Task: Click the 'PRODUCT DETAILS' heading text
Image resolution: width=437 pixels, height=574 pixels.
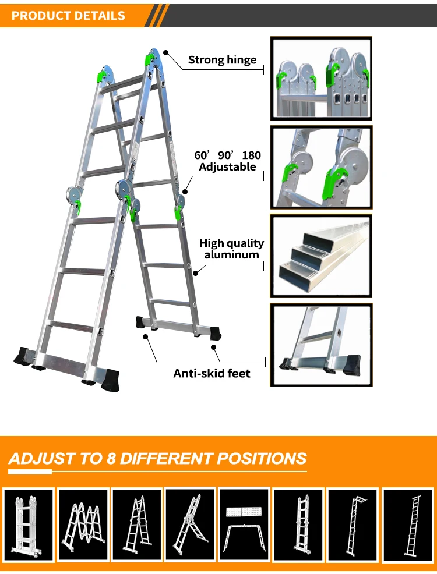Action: [x=68, y=16]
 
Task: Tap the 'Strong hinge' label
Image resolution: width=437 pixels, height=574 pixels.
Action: [x=222, y=59]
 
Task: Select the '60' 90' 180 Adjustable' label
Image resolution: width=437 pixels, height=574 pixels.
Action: [x=227, y=161]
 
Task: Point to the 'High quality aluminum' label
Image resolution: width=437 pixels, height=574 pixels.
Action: [x=231, y=249]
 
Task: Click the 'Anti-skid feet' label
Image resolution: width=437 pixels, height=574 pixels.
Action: [x=212, y=373]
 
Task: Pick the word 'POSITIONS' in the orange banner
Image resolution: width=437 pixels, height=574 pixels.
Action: [x=262, y=458]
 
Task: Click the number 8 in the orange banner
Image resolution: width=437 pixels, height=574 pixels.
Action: [x=111, y=458]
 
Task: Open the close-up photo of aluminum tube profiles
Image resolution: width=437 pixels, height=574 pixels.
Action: [x=321, y=256]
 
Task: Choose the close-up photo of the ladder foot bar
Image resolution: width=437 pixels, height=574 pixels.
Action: [x=321, y=345]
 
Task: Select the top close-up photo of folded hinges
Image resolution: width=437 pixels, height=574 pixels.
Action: [x=321, y=79]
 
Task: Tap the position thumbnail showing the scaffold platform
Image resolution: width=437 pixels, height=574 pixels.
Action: [x=244, y=525]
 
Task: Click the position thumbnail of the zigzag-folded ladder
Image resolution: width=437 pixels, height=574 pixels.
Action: [x=83, y=525]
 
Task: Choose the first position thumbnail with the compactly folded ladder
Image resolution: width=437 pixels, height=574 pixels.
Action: [x=29, y=525]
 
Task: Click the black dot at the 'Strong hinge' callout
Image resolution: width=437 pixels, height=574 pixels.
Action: [x=165, y=53]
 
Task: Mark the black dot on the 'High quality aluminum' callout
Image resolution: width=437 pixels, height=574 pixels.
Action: [x=195, y=272]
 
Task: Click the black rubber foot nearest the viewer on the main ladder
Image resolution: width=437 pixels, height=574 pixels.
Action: [x=110, y=380]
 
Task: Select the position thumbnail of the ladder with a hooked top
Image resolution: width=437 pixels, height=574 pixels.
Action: [x=353, y=525]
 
